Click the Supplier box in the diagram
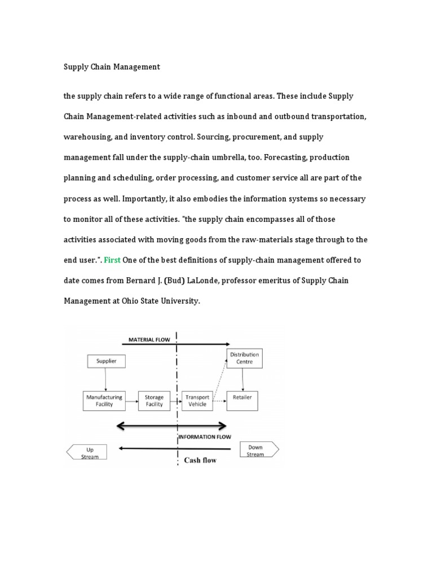pyautogui.click(x=106, y=361)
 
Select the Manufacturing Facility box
pyautogui.click(x=104, y=400)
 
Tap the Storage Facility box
pyautogui.click(x=154, y=400)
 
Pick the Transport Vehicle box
pyautogui.click(x=197, y=400)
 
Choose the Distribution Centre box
pyautogui.click(x=244, y=358)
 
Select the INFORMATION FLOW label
pyautogui.click(x=204, y=437)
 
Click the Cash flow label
pyautogui.click(x=200, y=460)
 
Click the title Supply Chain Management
pyautogui.click(x=112, y=67)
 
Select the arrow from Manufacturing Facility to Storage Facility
pyautogui.click(x=131, y=401)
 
